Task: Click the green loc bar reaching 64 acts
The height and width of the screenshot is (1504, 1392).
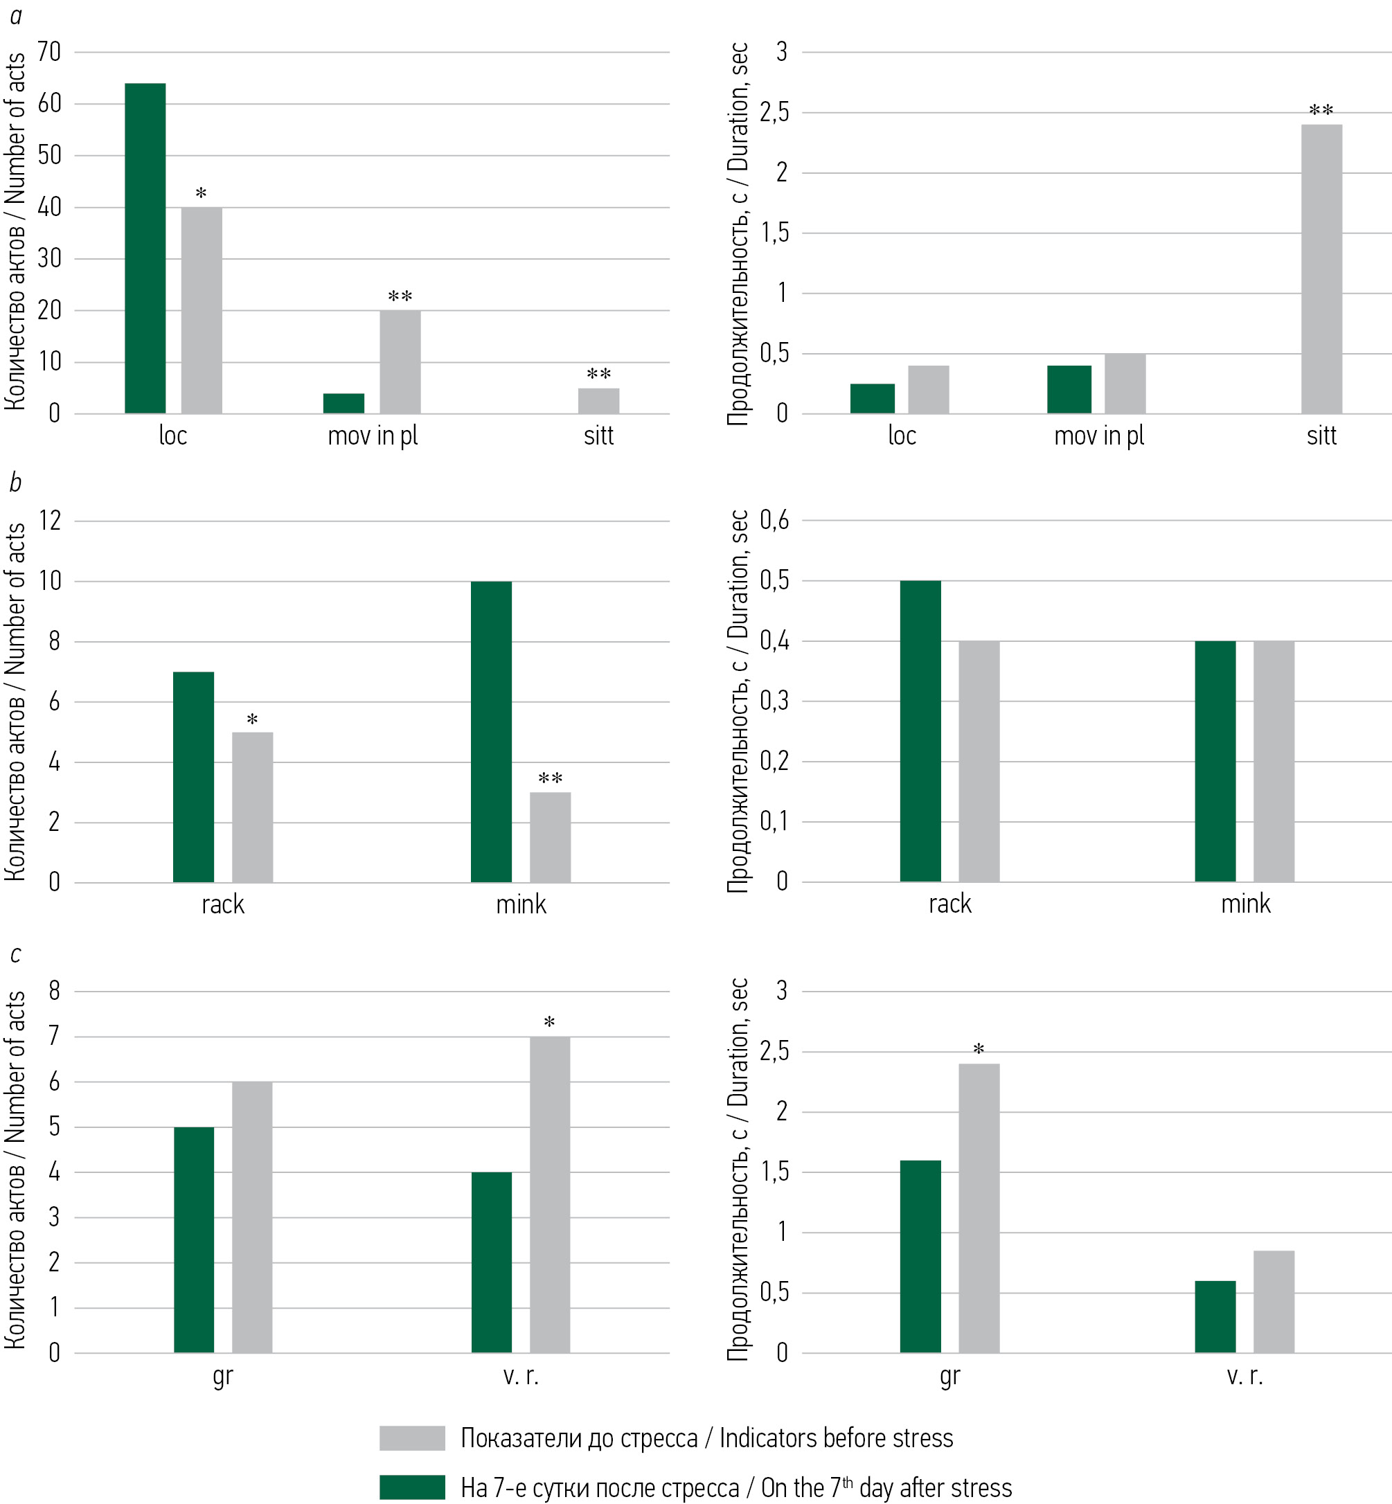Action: [145, 249]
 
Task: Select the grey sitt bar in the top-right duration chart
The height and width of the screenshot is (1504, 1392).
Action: [1321, 269]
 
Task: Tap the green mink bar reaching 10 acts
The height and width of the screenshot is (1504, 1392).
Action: [491, 731]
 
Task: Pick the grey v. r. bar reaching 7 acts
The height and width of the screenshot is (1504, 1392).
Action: [550, 1194]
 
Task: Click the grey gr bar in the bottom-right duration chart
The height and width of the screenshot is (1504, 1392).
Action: [979, 1208]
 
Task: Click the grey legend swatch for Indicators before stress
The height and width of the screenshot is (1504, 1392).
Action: [412, 1438]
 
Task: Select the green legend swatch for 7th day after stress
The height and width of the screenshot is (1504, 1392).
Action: [412, 1487]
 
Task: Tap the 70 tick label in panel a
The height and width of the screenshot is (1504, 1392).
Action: [50, 52]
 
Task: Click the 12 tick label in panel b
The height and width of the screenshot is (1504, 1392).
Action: [50, 521]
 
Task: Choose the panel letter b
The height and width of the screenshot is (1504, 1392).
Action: [15, 483]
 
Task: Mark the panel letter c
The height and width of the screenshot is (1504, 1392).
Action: [15, 955]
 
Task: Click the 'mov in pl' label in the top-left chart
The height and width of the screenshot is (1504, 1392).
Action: [372, 436]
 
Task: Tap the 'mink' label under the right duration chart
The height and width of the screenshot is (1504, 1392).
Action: [1245, 904]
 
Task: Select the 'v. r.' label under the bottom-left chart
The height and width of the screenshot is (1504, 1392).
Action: [521, 1376]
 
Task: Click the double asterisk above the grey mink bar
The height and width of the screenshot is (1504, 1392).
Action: [550, 779]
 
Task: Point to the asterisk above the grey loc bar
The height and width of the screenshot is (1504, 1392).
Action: [201, 195]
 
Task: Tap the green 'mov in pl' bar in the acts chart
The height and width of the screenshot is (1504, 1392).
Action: [343, 404]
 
